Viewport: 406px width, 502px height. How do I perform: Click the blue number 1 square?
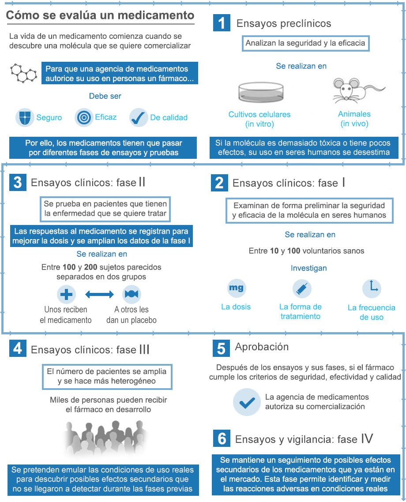[222, 23]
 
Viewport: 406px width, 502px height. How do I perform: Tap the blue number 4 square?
[18, 348]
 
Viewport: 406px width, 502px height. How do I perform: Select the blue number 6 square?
[222, 438]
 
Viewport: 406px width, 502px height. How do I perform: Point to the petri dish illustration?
[259, 92]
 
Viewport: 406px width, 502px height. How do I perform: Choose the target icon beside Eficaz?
[84, 117]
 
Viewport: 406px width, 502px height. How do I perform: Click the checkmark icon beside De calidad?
[139, 118]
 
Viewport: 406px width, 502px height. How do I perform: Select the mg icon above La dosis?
[236, 288]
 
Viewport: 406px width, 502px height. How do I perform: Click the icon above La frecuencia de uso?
[372, 288]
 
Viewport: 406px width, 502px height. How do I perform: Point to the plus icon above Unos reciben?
[66, 294]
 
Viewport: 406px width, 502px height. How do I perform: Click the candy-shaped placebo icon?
[132, 294]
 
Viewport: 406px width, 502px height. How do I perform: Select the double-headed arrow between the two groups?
[99, 294]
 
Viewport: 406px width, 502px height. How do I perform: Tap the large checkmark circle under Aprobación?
[247, 402]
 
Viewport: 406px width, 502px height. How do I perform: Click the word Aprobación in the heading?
[262, 347]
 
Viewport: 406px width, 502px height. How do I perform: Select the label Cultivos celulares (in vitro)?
[259, 119]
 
